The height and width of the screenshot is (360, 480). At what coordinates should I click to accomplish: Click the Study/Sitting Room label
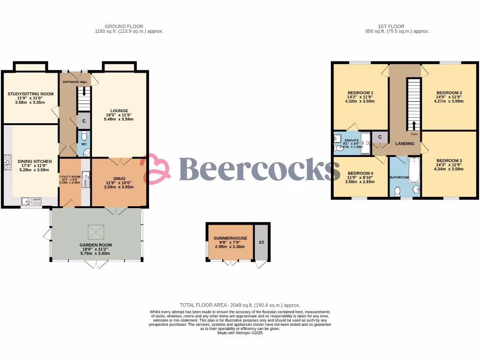[30, 94]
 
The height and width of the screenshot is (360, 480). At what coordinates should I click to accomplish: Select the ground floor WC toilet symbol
[84, 136]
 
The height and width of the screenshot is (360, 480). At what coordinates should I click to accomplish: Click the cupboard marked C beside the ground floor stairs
[84, 121]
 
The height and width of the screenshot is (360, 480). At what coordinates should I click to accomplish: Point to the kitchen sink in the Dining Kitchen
[31, 202]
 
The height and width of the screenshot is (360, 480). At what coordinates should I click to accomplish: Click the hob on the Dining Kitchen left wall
[7, 162]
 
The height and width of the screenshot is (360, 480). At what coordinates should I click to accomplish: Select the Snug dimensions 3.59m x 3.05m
[119, 187]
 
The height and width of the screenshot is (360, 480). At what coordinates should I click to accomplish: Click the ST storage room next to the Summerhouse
[261, 242]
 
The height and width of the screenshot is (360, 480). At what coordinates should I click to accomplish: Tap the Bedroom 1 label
[360, 92]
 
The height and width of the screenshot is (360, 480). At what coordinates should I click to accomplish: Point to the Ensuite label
[352, 140]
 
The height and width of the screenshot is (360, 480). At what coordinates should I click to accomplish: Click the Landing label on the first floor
[404, 143]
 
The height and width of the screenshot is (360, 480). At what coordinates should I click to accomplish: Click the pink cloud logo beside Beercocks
[157, 169]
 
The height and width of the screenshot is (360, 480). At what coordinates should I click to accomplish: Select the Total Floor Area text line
[240, 305]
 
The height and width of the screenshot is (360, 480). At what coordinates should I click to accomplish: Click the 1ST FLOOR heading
[391, 27]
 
